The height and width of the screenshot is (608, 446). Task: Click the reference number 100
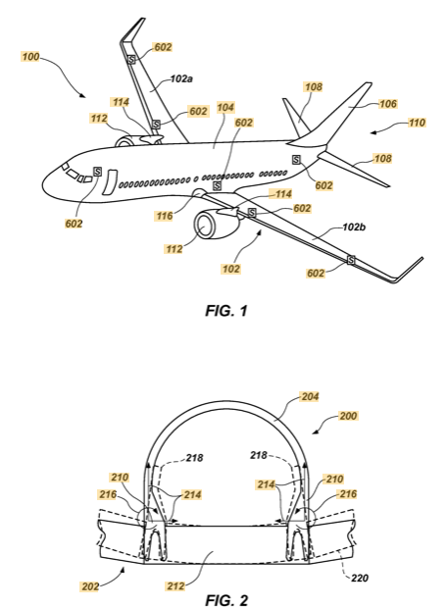(x=30, y=57)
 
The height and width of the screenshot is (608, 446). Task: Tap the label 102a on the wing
(x=181, y=78)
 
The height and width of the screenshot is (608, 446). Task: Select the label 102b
(x=354, y=228)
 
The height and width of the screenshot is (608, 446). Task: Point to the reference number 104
(x=225, y=107)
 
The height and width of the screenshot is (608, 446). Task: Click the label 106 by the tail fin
(x=388, y=104)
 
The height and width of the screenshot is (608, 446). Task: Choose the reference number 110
(x=417, y=123)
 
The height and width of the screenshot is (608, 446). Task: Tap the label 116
(x=165, y=216)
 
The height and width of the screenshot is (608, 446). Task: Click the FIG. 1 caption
(x=226, y=311)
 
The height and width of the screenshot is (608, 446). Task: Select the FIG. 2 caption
(x=226, y=600)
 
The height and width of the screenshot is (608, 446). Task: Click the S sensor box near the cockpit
(x=97, y=172)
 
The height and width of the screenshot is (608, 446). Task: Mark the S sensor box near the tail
(x=296, y=160)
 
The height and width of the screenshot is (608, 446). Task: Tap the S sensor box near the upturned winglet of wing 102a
(x=131, y=60)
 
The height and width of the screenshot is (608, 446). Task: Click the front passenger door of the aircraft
(x=109, y=181)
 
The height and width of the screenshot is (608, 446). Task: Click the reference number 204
(x=310, y=397)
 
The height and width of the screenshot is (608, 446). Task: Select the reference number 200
(x=348, y=416)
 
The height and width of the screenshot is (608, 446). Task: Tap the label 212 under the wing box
(x=175, y=585)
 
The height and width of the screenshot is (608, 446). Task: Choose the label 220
(x=360, y=579)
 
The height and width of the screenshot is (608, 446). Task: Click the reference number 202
(x=90, y=586)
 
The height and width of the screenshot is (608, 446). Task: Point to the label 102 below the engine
(x=230, y=269)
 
